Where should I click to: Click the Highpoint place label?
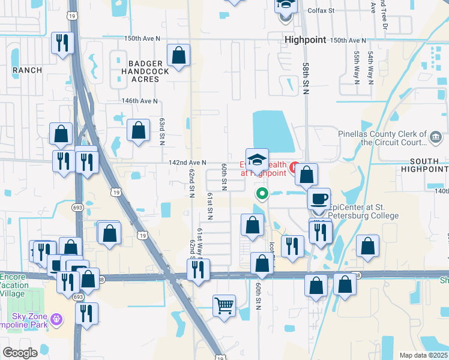point(305,40)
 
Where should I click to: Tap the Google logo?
point(20,353)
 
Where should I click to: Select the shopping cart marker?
point(224,305)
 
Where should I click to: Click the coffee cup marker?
point(319,198)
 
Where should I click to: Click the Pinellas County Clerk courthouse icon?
point(434,138)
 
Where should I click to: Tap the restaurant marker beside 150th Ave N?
point(62,43)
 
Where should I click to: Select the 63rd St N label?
point(162,131)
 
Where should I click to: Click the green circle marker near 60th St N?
point(262,193)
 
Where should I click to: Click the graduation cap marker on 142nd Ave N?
point(257,160)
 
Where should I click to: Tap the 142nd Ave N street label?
point(187,163)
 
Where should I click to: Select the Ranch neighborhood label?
point(27,70)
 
